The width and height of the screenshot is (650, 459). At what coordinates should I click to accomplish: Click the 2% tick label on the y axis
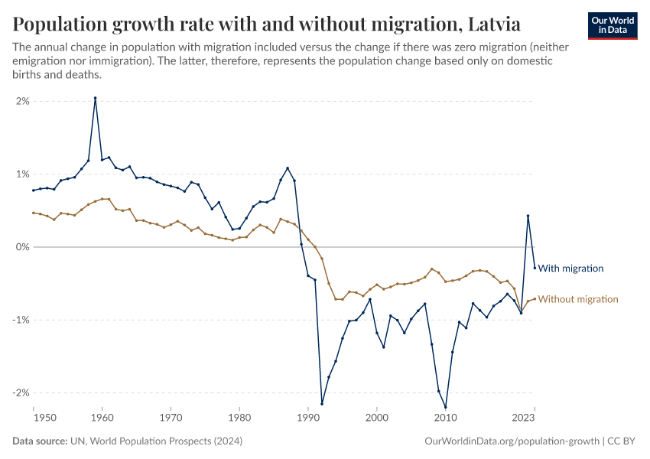click(22, 101)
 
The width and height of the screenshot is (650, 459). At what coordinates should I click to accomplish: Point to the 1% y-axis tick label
click(22, 174)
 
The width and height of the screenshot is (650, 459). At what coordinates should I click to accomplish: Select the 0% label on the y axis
click(21, 247)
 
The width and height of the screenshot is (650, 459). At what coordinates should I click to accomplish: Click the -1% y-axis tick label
click(21, 320)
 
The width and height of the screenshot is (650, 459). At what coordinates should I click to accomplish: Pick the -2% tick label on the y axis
click(21, 392)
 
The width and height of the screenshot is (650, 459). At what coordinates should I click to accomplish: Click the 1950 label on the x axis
click(45, 418)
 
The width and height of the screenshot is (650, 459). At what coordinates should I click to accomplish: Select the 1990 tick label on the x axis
click(308, 418)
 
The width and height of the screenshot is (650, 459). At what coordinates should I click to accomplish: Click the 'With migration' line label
click(570, 269)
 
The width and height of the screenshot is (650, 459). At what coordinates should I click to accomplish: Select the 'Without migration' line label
click(577, 299)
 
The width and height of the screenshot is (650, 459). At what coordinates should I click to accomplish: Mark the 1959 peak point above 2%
click(95, 98)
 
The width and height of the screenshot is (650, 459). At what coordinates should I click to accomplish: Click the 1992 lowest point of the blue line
click(322, 404)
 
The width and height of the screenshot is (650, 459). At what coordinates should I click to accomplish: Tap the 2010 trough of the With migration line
click(445, 407)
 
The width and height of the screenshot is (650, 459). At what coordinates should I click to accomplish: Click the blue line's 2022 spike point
click(528, 216)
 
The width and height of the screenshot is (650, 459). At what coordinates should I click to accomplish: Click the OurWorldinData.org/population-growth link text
click(512, 441)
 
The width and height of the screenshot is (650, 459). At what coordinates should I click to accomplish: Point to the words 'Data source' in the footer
click(38, 441)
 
